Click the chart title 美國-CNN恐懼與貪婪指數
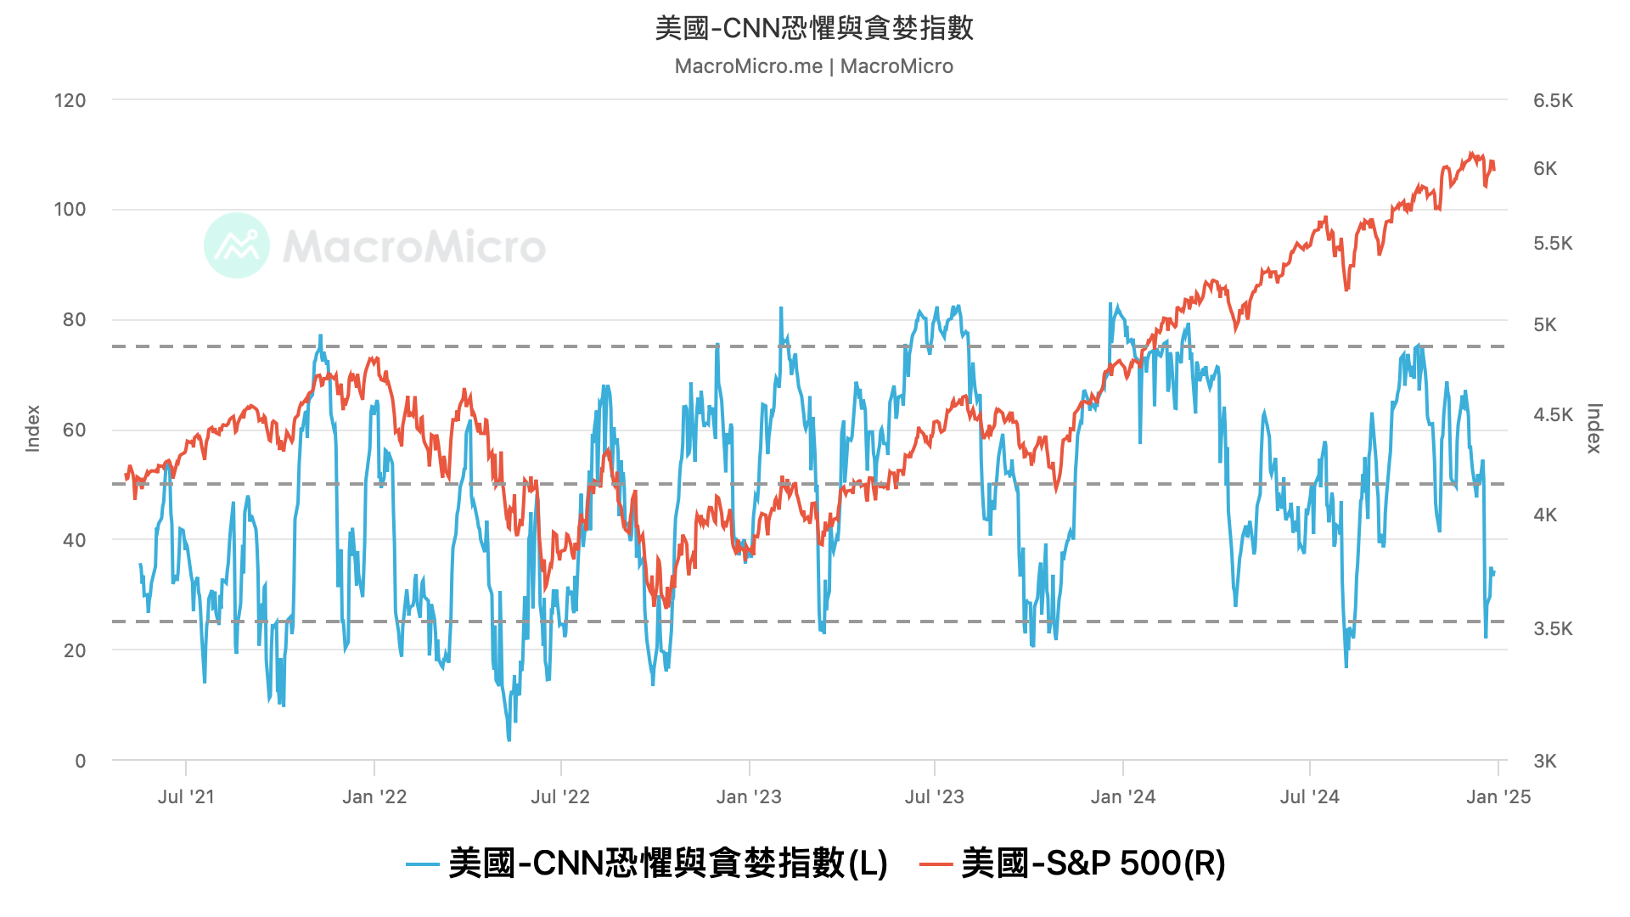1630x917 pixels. [813, 28]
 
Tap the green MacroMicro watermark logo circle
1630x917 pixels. [237, 245]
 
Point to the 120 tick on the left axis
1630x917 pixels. [70, 100]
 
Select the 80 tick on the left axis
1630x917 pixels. [75, 319]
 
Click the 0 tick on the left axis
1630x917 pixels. [81, 761]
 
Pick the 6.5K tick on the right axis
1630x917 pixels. [1553, 100]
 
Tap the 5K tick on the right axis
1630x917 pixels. [1545, 325]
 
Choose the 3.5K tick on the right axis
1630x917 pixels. [1553, 628]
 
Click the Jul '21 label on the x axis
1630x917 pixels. [186, 796]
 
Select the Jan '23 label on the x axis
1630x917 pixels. [749, 796]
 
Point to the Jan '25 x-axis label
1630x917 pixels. [1498, 796]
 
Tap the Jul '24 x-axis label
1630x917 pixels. [1310, 796]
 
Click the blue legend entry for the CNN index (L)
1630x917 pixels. [647, 864]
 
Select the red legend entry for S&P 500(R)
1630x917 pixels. [1073, 864]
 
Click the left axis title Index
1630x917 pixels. [33, 428]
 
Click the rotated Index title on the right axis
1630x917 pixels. [1594, 428]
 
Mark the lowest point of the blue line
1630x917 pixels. [509, 740]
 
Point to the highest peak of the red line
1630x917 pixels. [1471, 154]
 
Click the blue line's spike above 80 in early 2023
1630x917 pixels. [781, 308]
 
